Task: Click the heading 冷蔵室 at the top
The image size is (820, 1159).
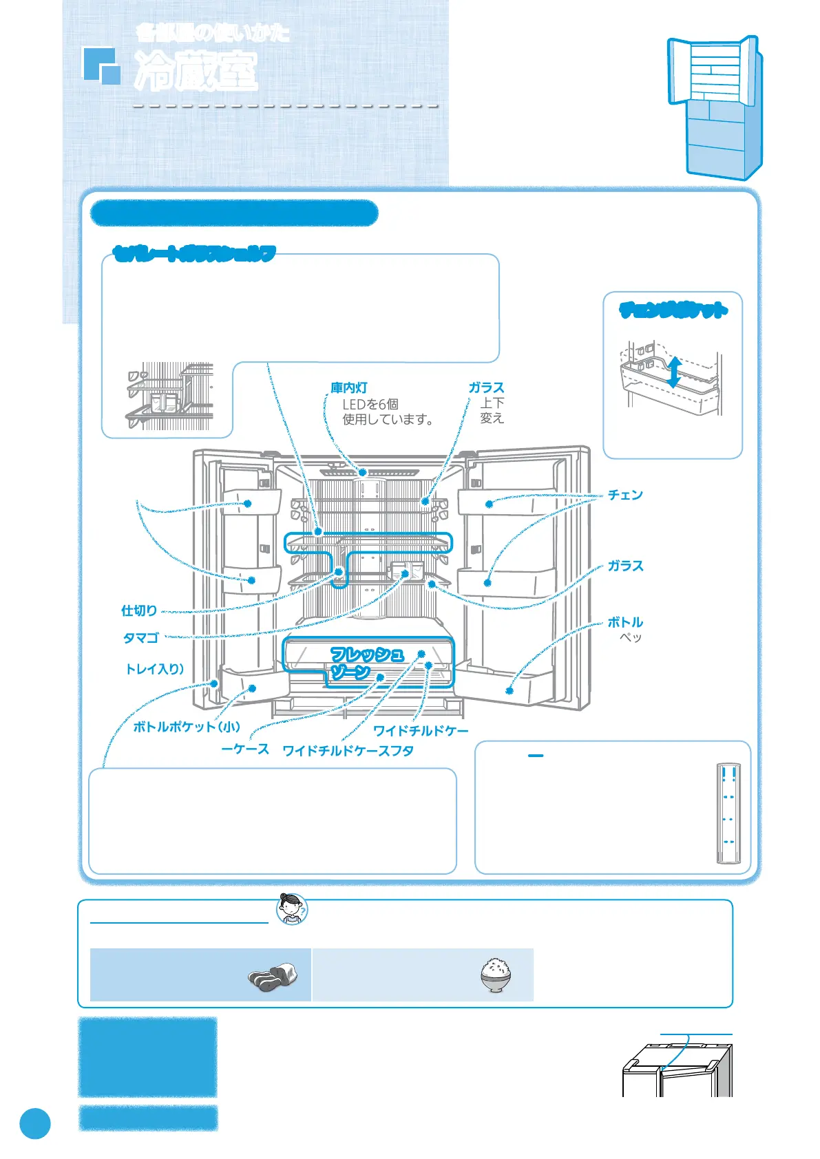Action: point(196,71)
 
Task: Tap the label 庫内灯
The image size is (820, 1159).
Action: point(349,388)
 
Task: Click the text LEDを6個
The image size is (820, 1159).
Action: point(370,404)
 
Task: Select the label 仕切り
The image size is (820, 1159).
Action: point(139,610)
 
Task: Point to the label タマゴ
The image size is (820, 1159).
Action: point(141,638)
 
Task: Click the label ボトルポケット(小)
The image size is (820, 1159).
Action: point(187,727)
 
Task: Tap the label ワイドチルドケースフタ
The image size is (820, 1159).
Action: point(348,751)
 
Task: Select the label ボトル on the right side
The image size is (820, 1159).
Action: point(625,622)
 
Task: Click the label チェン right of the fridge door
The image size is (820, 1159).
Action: point(625,495)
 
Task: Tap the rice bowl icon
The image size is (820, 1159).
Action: point(495,975)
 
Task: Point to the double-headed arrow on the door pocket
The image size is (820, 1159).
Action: point(675,372)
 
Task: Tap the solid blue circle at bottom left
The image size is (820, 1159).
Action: point(34,1124)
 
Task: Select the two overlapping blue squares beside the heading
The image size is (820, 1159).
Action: point(101,65)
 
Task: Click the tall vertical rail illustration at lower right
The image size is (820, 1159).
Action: point(728,813)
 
